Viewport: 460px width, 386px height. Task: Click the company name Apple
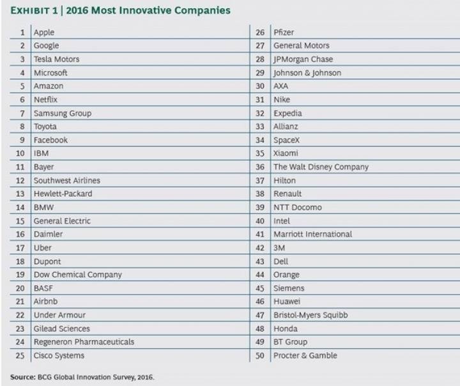(44, 32)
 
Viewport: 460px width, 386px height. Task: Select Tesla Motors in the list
(56, 59)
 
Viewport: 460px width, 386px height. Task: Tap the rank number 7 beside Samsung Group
(22, 113)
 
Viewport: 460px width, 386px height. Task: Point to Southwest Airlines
(66, 180)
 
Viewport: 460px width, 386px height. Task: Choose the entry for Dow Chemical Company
(77, 275)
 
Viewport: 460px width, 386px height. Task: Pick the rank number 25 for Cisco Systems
(20, 355)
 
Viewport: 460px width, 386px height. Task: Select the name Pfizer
(284, 32)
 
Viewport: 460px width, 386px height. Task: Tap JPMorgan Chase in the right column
(303, 59)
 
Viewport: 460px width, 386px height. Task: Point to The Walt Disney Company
(321, 167)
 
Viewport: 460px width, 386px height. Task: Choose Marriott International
(312, 234)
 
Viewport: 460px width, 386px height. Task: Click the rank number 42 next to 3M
(260, 248)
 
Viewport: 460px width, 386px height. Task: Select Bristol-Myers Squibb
(310, 315)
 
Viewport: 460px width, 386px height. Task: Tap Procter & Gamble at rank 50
(305, 355)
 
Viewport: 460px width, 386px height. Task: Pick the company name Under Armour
(59, 315)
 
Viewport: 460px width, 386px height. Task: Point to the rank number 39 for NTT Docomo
(260, 207)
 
